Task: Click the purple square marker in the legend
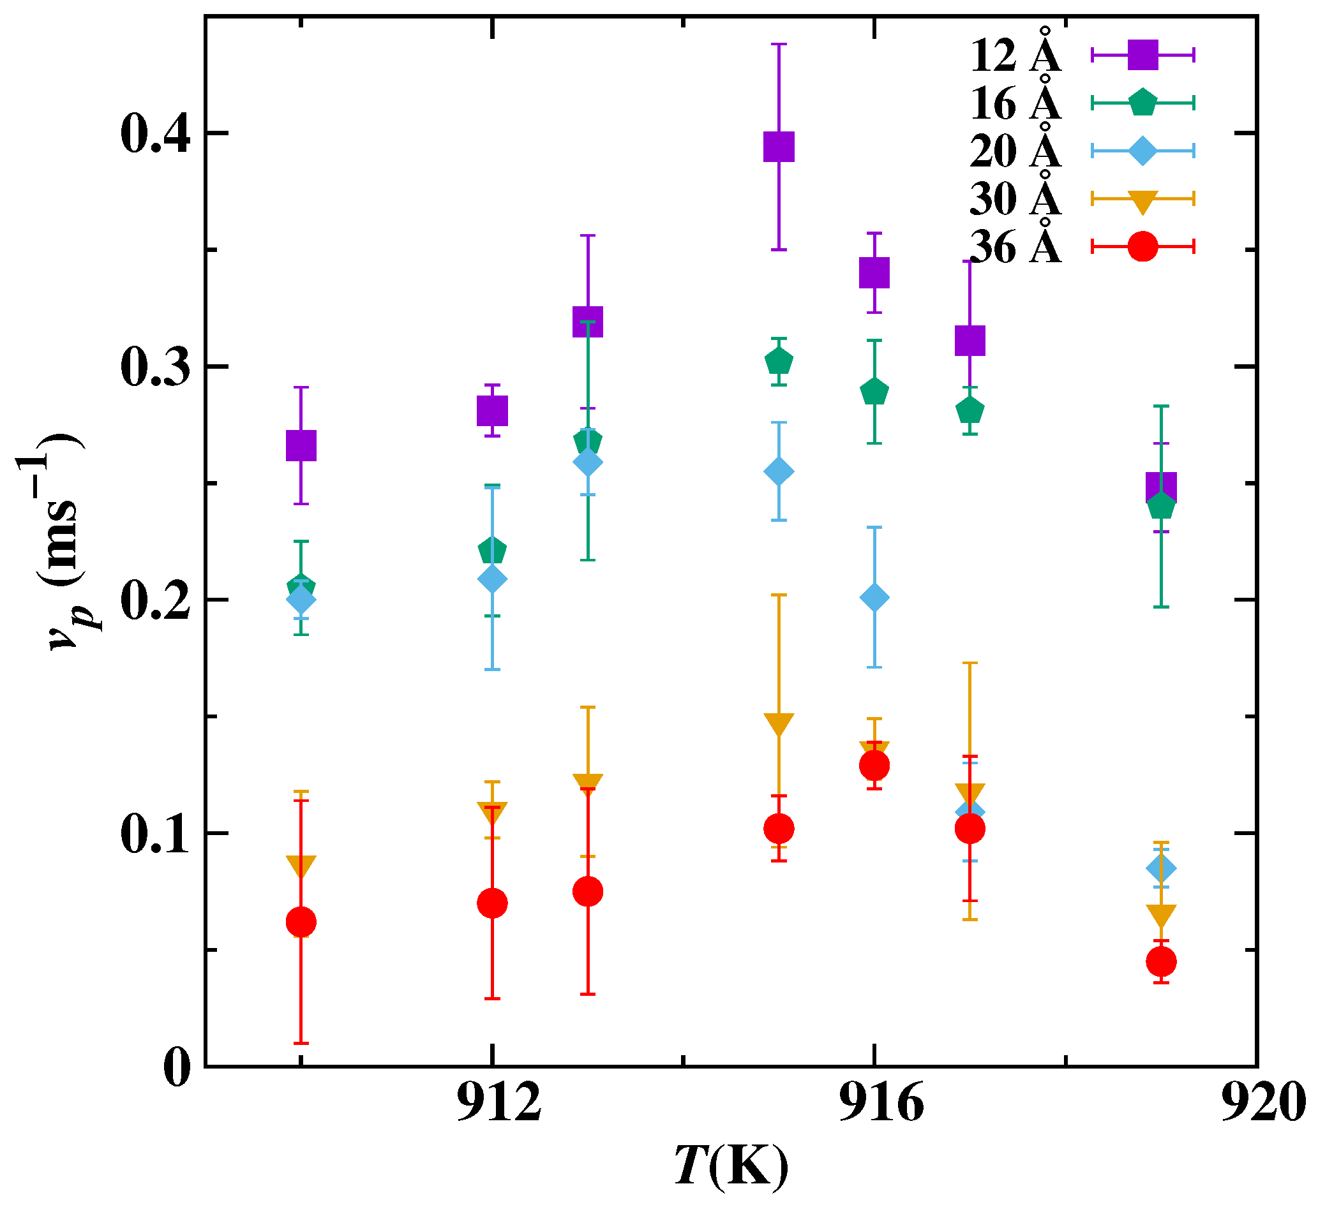[x=1142, y=55]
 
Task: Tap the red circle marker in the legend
[x=1142, y=246]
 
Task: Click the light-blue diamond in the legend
[x=1142, y=151]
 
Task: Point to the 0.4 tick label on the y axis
[x=154, y=135]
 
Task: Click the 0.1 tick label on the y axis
[x=154, y=834]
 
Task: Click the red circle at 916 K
[x=874, y=766]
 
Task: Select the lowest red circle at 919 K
[x=1161, y=961]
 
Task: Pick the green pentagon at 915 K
[x=779, y=360]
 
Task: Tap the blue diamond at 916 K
[x=874, y=597]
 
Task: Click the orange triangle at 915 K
[x=779, y=724]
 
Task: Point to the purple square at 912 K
[x=491, y=410]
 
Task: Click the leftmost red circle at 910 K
[x=301, y=922]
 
